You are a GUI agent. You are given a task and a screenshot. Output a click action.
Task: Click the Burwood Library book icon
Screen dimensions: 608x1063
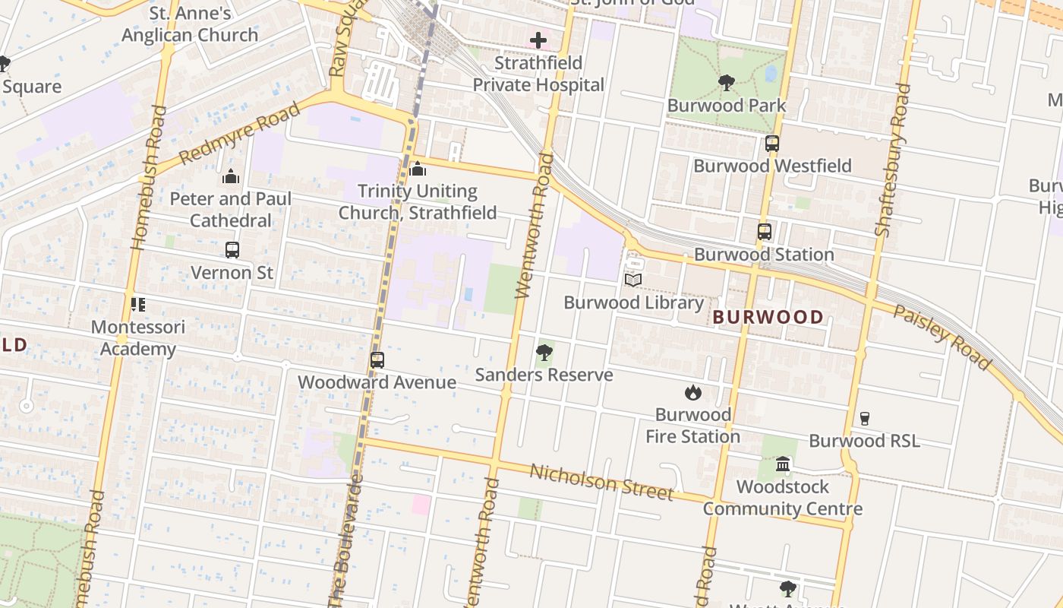point(633,280)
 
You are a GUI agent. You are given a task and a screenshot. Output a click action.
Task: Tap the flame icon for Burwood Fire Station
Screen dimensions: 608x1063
point(692,393)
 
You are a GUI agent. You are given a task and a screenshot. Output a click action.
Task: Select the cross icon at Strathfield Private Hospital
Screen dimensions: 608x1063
point(538,40)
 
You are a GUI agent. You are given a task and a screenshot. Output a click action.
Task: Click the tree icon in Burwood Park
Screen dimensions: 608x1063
point(726,82)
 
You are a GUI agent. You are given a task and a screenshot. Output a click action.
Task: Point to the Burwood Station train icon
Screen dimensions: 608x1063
point(764,232)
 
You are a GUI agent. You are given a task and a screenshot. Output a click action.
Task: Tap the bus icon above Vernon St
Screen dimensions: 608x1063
point(232,249)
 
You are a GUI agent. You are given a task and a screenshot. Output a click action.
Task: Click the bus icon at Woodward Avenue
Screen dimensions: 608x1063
point(377,360)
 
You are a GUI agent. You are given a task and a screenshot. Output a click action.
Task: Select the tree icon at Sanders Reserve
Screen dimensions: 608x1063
point(544,353)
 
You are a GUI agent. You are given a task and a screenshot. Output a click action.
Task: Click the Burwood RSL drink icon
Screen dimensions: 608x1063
point(864,418)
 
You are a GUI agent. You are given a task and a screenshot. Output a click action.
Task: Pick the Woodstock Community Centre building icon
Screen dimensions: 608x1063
point(782,464)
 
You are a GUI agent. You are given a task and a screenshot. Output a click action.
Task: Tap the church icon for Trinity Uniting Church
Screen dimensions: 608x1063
point(417,169)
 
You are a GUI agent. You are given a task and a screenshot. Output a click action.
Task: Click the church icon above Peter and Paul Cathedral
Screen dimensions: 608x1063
point(231,177)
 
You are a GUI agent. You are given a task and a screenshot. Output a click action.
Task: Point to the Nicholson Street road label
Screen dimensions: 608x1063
point(601,482)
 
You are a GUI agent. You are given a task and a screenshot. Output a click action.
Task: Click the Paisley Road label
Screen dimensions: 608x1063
point(942,337)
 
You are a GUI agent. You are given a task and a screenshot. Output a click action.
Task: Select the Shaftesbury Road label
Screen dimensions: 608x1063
point(891,160)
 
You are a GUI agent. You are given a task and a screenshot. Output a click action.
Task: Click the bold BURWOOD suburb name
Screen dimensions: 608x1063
point(768,317)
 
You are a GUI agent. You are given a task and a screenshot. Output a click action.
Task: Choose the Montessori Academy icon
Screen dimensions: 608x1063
point(137,305)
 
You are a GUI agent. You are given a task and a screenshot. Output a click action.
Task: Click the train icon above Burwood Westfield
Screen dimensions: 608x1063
point(771,143)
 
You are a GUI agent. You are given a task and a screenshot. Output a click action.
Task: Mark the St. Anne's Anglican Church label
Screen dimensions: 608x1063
point(190,24)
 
